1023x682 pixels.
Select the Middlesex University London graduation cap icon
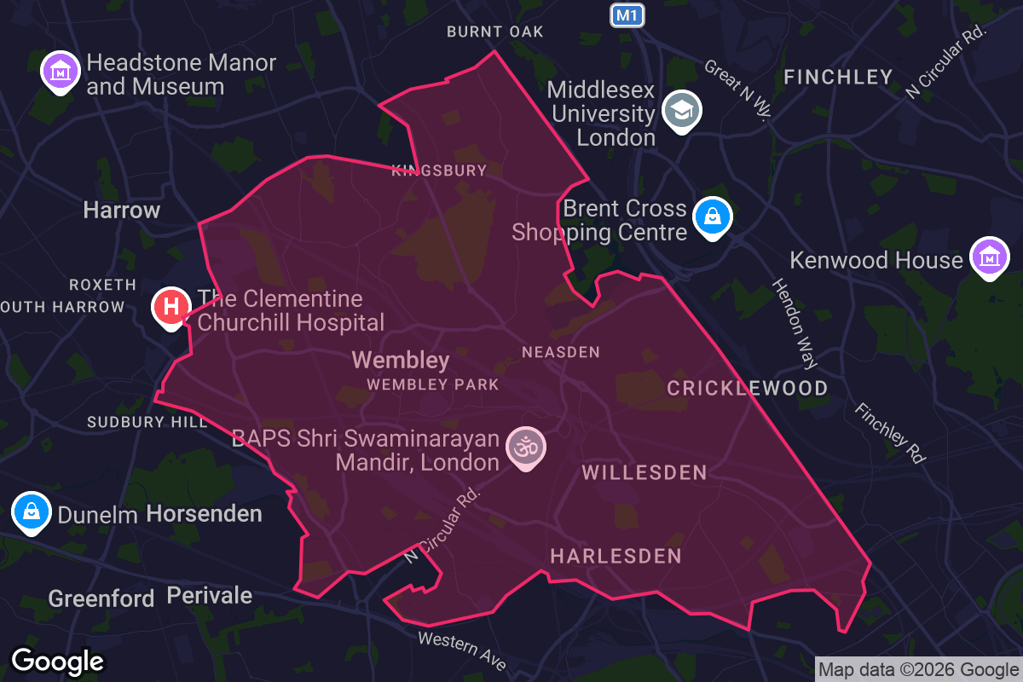coord(682,110)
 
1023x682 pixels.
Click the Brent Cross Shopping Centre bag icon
coord(713,217)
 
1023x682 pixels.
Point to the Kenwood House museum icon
coord(989,257)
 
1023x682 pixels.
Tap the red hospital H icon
coord(171,305)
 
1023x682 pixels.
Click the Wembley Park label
coord(433,384)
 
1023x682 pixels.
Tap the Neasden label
coord(561,352)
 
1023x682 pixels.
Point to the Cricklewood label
coord(748,389)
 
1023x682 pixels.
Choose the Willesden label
coord(644,472)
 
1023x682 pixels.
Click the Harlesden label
coord(616,557)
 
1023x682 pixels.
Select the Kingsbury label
coord(439,170)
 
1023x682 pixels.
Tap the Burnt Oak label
coord(495,32)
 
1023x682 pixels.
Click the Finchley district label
coord(838,78)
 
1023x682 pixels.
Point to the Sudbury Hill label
coord(147,422)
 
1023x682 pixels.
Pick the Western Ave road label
coord(462,650)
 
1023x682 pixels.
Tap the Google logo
coord(58,661)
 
